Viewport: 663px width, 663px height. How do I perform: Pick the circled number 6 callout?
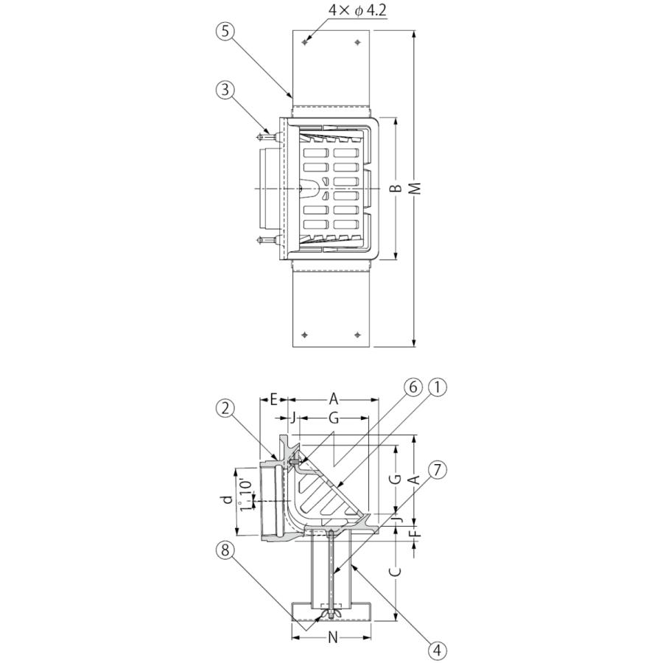(413, 387)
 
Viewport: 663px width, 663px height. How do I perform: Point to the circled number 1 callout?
(438, 387)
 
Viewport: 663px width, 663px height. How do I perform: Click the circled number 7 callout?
(438, 470)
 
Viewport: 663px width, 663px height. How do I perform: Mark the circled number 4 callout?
(438, 650)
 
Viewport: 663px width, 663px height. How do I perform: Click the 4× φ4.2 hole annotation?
(358, 10)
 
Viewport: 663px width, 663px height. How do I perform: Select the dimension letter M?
(416, 189)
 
